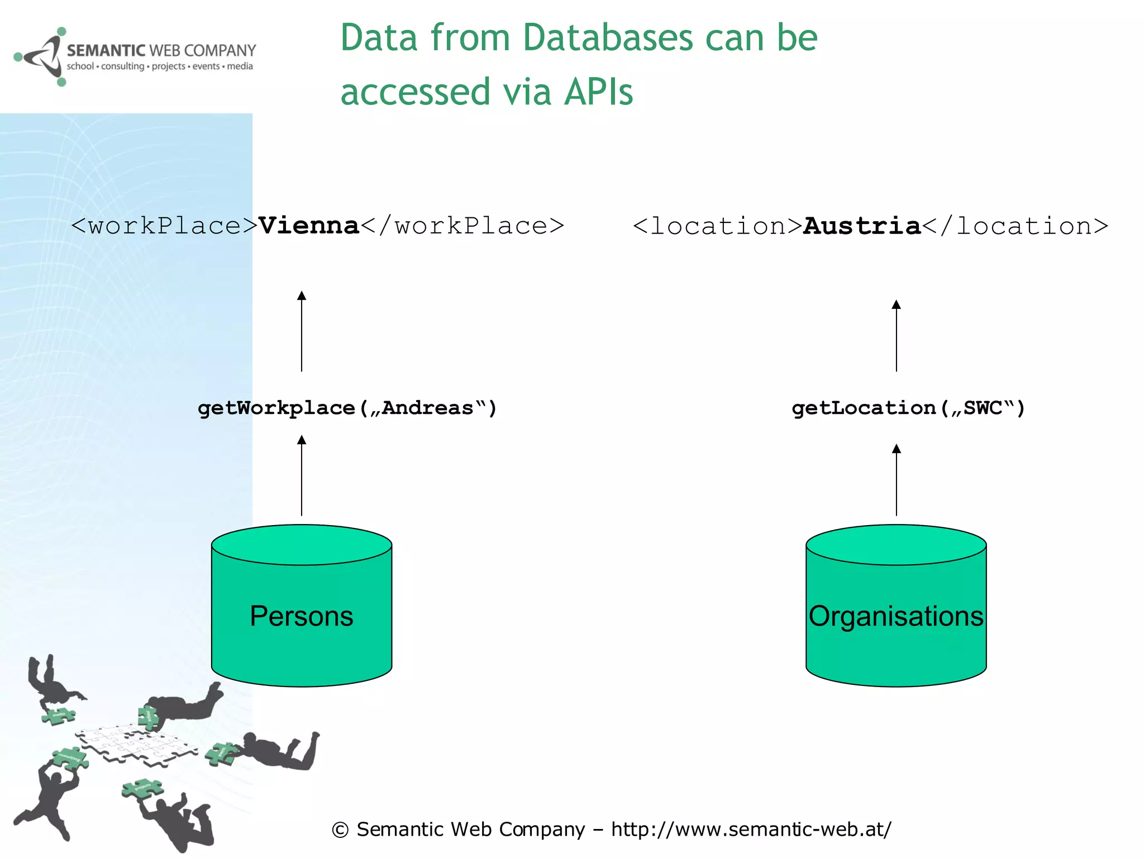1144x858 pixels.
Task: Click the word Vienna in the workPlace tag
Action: pyautogui.click(x=308, y=226)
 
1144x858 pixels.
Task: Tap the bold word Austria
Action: pyautogui.click(x=861, y=226)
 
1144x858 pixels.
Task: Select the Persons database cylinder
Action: pyautogui.click(x=302, y=606)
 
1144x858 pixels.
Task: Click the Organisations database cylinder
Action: pyautogui.click(x=896, y=606)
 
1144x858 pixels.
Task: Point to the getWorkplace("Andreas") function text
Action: pyautogui.click(x=347, y=408)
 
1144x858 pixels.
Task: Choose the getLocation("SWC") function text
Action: pyautogui.click(x=908, y=408)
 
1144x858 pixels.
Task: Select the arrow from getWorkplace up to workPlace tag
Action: pyautogui.click(x=302, y=332)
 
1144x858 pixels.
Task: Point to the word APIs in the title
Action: pyautogui.click(x=598, y=92)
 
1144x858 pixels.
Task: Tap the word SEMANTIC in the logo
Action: pyautogui.click(x=106, y=51)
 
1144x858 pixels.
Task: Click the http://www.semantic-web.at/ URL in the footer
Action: pyautogui.click(x=751, y=829)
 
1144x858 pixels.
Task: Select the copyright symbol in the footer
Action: pyautogui.click(x=340, y=830)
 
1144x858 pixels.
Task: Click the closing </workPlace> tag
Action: pyautogui.click(x=463, y=226)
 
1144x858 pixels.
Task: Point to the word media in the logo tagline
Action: pyautogui.click(x=240, y=66)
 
